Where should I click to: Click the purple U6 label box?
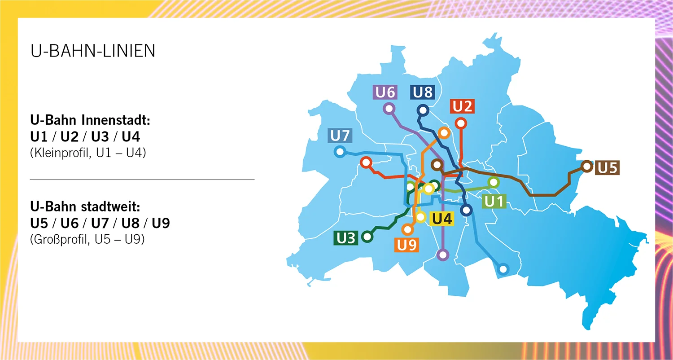tap(385, 92)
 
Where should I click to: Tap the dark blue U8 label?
tap(423, 92)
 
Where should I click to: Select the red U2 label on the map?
tap(462, 107)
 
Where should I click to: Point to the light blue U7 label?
tap(342, 135)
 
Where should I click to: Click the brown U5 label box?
tap(607, 168)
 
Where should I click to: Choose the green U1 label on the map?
tap(494, 202)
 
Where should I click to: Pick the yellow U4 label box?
tap(442, 220)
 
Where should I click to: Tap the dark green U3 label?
tap(345, 238)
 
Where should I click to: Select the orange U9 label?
tap(407, 245)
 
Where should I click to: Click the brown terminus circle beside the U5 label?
tap(586, 167)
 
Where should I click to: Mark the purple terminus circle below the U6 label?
tap(389, 108)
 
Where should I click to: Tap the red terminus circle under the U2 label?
tap(460, 123)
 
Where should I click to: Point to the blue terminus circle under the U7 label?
tap(340, 152)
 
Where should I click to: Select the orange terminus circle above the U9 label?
tap(407, 229)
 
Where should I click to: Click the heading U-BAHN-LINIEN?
tap(93, 51)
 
